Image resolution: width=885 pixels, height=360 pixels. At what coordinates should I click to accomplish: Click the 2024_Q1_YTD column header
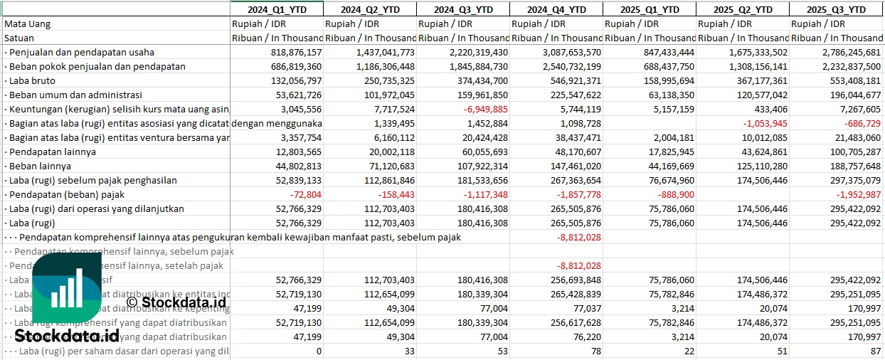[x=276, y=9]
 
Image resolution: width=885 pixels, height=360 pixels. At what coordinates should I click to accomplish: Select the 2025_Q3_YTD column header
[x=836, y=9]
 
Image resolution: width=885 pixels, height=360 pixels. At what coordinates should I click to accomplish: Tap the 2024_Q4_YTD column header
[x=556, y=9]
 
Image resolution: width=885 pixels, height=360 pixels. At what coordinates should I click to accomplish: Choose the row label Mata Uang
[x=27, y=24]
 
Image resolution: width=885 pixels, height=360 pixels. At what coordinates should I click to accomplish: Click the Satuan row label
[x=19, y=38]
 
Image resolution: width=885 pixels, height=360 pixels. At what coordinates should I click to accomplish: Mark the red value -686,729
[x=860, y=124]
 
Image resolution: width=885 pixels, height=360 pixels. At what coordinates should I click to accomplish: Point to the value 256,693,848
[x=571, y=280]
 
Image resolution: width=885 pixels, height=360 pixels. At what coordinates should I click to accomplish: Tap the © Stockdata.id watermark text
[x=176, y=302]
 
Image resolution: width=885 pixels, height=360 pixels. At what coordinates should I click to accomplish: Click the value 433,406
[x=769, y=110]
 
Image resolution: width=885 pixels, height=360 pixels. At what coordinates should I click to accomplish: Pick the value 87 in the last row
[x=874, y=351]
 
